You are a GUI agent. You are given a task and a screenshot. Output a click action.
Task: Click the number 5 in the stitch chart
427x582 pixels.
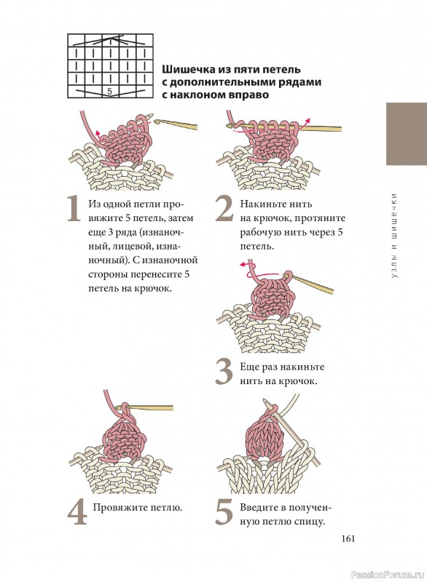(x=109, y=92)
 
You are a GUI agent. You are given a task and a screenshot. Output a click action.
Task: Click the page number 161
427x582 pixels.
(x=348, y=538)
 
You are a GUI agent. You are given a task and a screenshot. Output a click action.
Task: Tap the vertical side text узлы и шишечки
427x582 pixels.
(x=394, y=235)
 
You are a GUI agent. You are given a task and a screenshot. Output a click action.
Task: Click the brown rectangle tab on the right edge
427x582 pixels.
(x=407, y=134)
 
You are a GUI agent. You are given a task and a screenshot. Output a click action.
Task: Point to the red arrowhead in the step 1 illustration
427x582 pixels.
(x=98, y=132)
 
